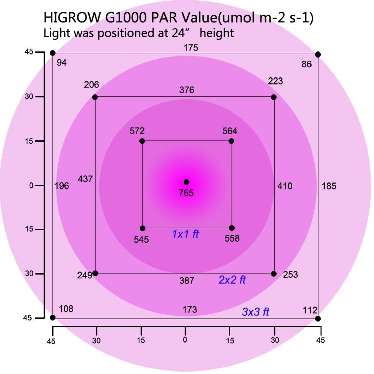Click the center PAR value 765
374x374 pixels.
(x=186, y=193)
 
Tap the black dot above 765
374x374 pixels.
(x=186, y=182)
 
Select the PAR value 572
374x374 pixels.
(x=137, y=131)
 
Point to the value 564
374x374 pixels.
(x=230, y=131)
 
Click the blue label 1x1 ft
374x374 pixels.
(x=185, y=234)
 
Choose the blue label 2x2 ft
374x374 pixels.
(x=232, y=280)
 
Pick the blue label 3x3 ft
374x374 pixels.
(x=255, y=312)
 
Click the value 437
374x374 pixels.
(x=85, y=179)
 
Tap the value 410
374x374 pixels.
(x=285, y=186)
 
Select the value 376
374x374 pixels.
(x=187, y=90)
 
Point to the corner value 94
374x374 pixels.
(x=62, y=63)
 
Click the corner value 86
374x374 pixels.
(x=307, y=64)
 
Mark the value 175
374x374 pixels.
(x=191, y=48)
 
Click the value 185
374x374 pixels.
(x=329, y=186)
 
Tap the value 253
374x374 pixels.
(x=290, y=274)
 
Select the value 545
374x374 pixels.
(x=141, y=240)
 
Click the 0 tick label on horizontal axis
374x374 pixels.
(x=185, y=340)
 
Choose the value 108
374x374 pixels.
(x=66, y=309)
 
